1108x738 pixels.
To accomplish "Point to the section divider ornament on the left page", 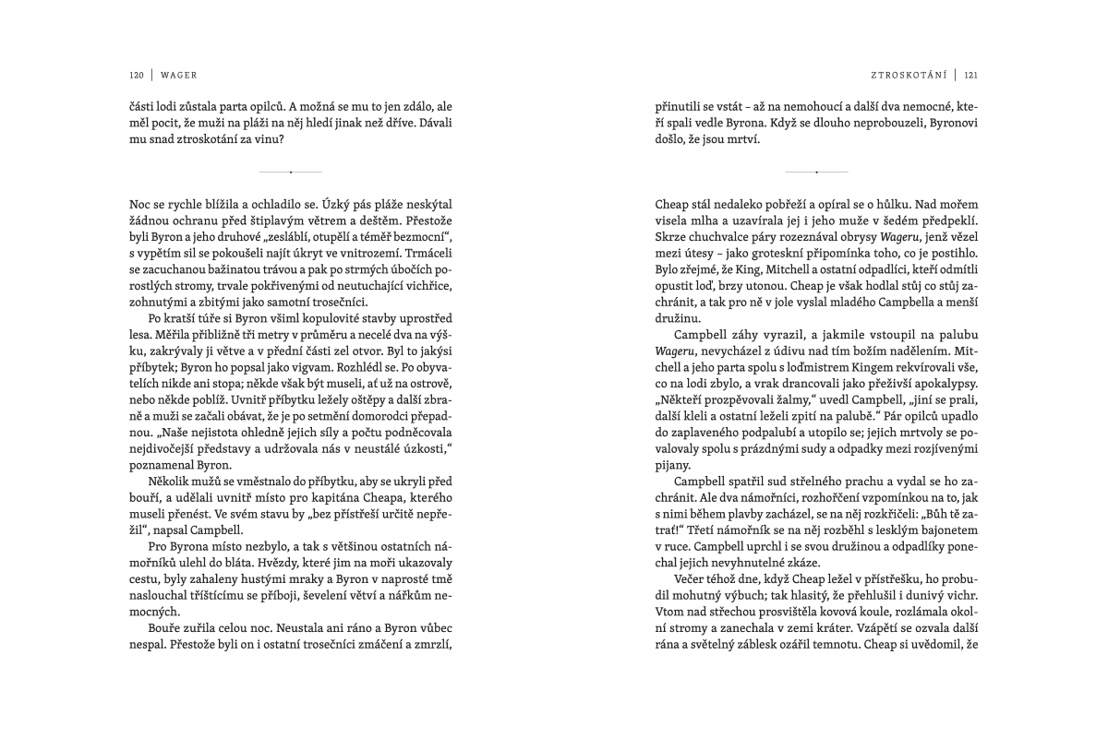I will [291, 173].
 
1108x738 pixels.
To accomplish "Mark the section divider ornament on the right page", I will [816, 173].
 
